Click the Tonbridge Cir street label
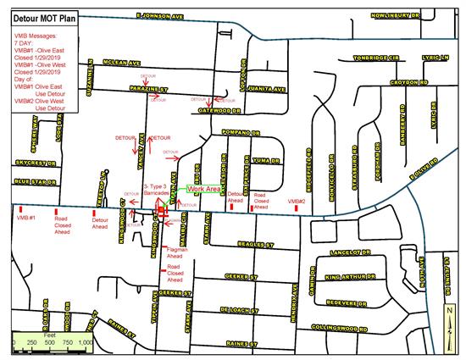380,58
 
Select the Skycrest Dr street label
33,161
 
